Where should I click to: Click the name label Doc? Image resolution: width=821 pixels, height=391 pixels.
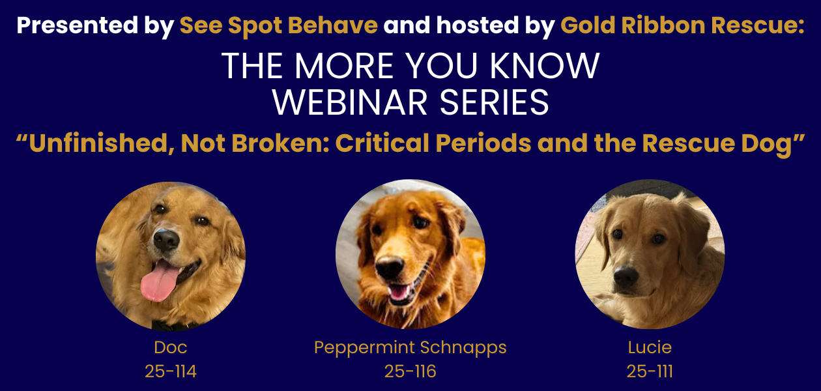tap(171, 347)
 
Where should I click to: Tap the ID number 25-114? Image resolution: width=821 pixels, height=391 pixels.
tap(171, 371)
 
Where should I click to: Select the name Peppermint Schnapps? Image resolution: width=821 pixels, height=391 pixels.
tap(410, 347)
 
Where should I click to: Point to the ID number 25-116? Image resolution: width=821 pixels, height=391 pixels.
tap(410, 371)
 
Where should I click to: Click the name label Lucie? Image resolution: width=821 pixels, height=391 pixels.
tap(650, 347)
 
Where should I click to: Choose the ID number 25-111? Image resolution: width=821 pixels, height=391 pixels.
tap(650, 371)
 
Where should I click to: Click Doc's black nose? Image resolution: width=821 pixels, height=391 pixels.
tap(166, 240)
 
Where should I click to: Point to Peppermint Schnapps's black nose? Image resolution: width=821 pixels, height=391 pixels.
tap(390, 267)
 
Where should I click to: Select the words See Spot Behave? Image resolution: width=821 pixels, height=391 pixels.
tap(279, 26)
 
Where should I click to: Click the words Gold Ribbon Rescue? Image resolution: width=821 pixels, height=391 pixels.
tap(682, 26)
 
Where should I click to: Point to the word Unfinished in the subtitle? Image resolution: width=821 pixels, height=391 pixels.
tap(94, 143)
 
